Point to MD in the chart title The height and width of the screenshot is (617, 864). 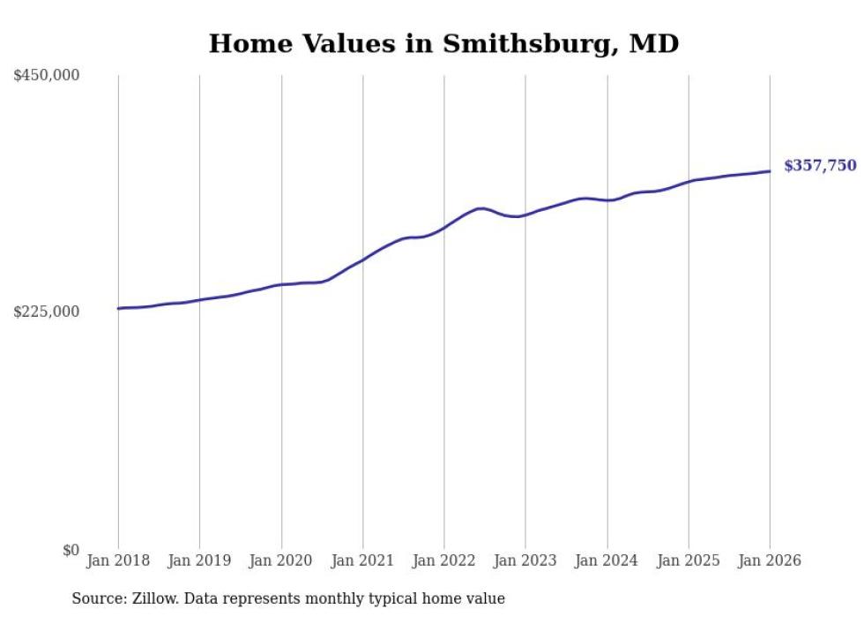coord(653,43)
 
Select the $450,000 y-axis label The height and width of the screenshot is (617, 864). coord(47,75)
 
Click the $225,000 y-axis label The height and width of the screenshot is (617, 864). coord(47,312)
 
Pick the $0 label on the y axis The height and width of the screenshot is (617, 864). coord(71,550)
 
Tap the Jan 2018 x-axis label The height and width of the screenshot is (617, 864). coord(118,561)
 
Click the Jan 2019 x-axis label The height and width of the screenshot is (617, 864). coord(199,561)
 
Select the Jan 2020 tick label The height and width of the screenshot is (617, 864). coord(281,561)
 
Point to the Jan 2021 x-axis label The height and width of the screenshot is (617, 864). coord(362,561)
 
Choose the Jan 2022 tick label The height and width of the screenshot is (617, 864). coord(444,561)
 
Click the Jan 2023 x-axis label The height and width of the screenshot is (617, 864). coord(525,561)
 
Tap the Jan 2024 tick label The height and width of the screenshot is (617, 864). coord(607,561)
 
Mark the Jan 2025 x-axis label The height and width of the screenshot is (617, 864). coord(689,561)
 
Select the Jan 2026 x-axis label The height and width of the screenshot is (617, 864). coord(770,561)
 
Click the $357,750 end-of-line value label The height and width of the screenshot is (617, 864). coord(820,165)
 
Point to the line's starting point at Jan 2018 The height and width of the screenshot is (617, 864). coord(118,308)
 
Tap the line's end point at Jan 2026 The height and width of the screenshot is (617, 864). coord(770,171)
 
